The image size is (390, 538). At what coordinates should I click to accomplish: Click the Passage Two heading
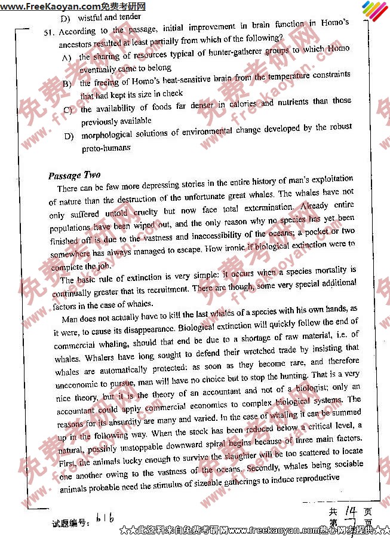click(74, 175)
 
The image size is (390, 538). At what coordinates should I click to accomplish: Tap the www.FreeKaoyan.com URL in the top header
click(46, 6)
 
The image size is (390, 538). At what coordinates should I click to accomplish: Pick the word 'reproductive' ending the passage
click(314, 479)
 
